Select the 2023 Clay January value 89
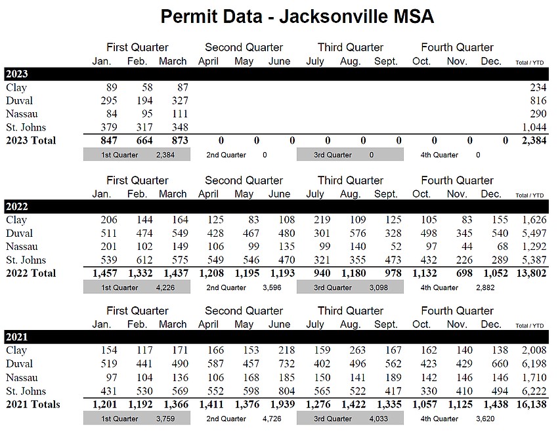(x=112, y=87)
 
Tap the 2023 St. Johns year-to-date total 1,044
(x=534, y=127)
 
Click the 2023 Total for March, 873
(x=180, y=140)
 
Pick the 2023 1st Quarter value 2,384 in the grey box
(x=165, y=155)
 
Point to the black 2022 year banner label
(x=16, y=207)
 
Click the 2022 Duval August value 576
(x=357, y=234)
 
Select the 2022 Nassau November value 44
(x=467, y=247)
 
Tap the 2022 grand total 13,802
(x=531, y=273)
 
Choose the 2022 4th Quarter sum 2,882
(x=485, y=288)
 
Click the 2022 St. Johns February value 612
(x=144, y=260)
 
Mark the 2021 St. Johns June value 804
(x=286, y=391)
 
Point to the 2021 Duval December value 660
(x=500, y=364)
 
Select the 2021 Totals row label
(x=33, y=404)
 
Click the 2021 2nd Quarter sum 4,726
(x=272, y=419)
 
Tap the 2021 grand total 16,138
(x=531, y=404)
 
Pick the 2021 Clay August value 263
(x=357, y=350)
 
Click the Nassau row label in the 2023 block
(x=22, y=114)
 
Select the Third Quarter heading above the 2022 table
(x=351, y=180)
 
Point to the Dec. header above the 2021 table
(x=491, y=324)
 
